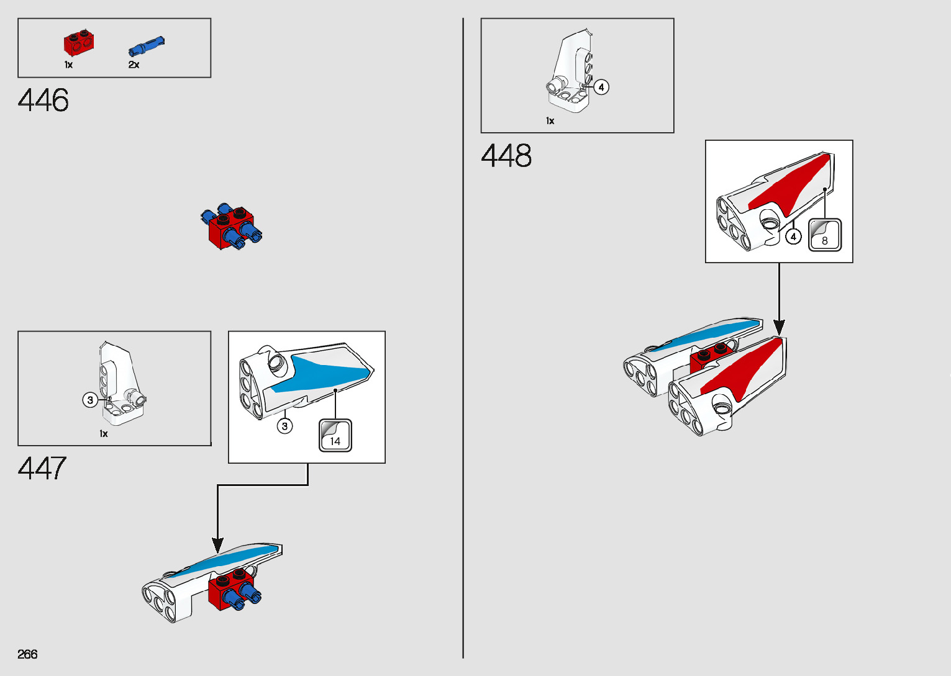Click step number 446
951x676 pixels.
43,100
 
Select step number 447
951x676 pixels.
42,468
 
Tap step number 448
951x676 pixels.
506,155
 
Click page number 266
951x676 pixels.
27,654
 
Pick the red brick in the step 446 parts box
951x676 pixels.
78,42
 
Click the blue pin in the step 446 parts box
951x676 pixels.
147,46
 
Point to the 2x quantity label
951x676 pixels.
134,65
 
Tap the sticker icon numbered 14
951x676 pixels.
335,436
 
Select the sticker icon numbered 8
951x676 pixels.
824,235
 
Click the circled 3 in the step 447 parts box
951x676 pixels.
90,400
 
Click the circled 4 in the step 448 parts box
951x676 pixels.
601,87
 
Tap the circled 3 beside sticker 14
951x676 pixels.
284,426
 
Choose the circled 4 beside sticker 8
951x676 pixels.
793,237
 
